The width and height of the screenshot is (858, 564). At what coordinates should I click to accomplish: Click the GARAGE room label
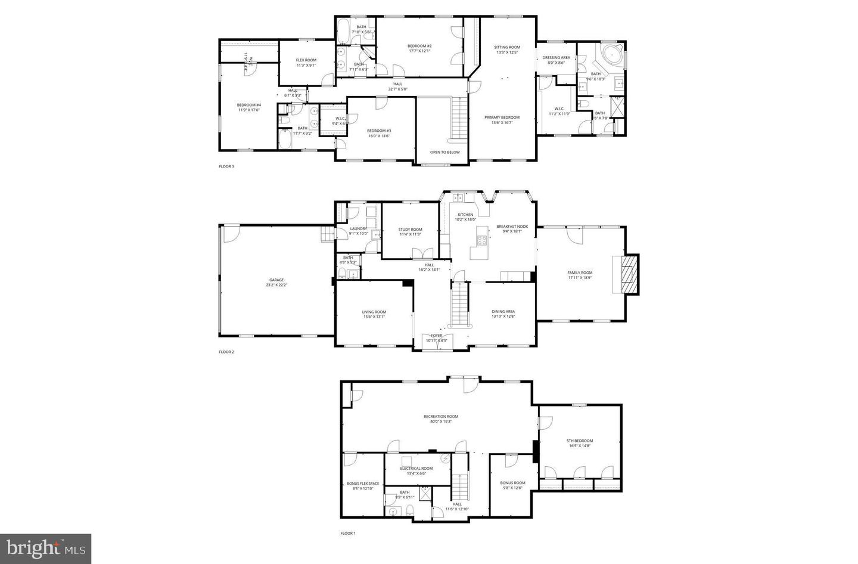tap(276, 280)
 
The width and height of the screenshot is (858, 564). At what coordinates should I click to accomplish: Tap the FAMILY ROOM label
tap(580, 273)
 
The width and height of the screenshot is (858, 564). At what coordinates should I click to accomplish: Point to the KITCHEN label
tap(465, 215)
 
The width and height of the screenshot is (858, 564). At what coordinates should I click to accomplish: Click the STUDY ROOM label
tap(410, 230)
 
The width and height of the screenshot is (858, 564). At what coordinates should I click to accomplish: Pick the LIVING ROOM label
tap(374, 312)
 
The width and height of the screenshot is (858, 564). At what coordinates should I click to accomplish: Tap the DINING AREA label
tap(503, 312)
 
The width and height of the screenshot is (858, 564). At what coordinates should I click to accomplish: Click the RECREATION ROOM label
tap(441, 417)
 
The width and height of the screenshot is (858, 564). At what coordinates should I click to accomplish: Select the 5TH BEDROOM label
tap(580, 441)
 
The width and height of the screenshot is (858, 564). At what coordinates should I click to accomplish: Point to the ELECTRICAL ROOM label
tap(416, 469)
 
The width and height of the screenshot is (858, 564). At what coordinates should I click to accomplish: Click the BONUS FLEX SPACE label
tap(363, 484)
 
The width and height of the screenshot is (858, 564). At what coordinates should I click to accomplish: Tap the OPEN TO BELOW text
tap(445, 152)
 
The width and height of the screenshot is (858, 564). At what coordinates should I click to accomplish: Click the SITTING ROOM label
tap(507, 47)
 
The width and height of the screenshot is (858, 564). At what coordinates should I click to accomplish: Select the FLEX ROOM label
tap(306, 60)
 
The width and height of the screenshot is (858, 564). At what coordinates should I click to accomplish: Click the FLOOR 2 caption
tap(226, 352)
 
